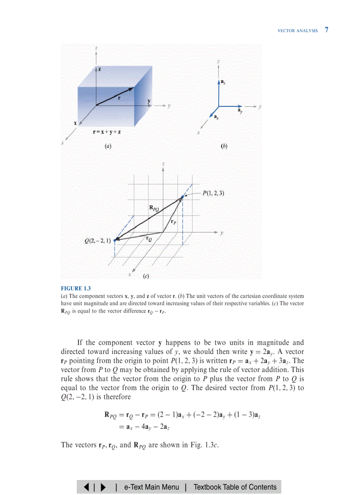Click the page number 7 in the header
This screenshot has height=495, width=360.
tap(326, 30)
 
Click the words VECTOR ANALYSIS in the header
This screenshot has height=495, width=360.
tap(297, 31)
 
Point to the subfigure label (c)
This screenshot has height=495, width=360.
tap(145, 277)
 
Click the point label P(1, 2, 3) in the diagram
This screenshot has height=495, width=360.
tap(214, 193)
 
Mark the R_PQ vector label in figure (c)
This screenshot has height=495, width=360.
tap(154, 208)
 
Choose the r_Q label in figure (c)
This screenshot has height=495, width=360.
tap(150, 238)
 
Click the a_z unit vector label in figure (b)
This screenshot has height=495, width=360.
tap(224, 82)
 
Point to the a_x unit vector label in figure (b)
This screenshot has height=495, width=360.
tap(215, 117)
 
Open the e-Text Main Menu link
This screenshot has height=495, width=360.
tap(151, 487)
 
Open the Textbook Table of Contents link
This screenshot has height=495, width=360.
tap(235, 487)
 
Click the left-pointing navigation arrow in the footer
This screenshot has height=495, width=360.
tap(86, 487)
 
